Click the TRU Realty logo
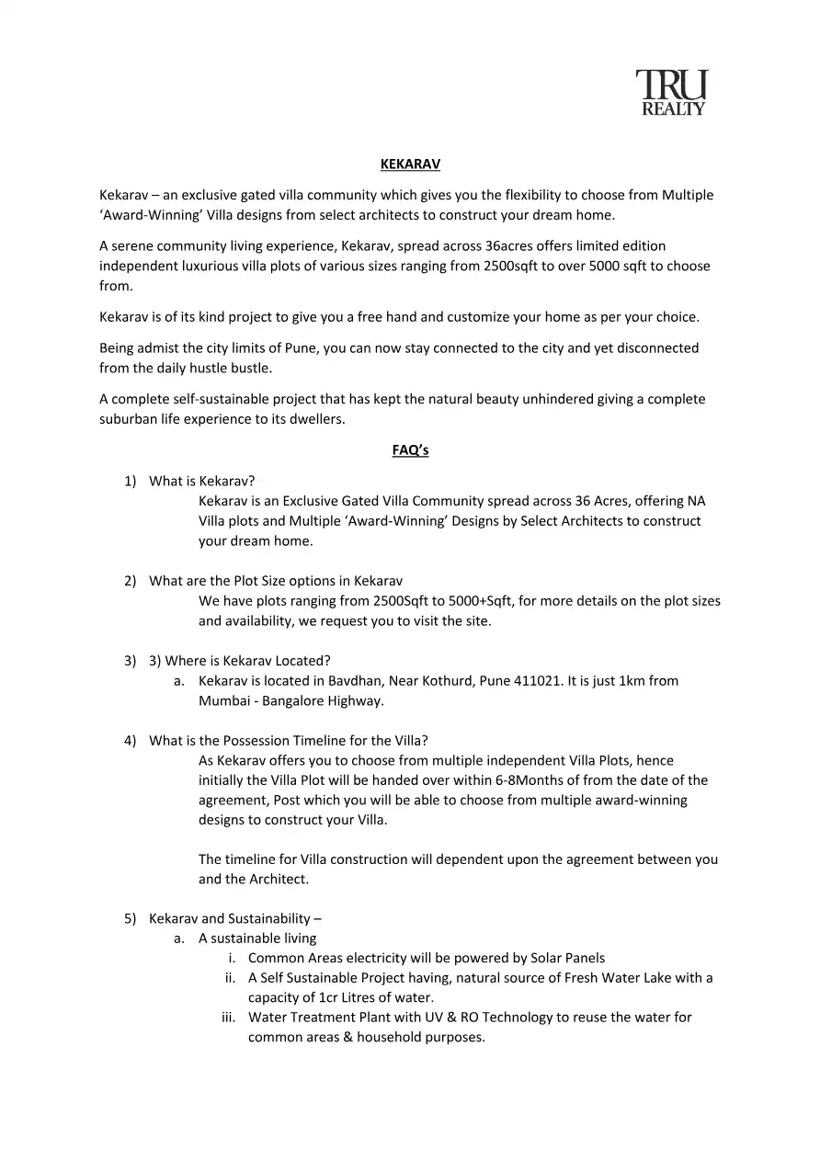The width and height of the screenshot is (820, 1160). pos(672,94)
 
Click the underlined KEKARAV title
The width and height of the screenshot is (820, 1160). pos(410,165)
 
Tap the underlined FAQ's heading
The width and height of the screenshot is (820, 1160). pos(410,450)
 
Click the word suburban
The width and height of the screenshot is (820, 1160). pos(130,419)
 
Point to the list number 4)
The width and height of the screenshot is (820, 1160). pos(131,741)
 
